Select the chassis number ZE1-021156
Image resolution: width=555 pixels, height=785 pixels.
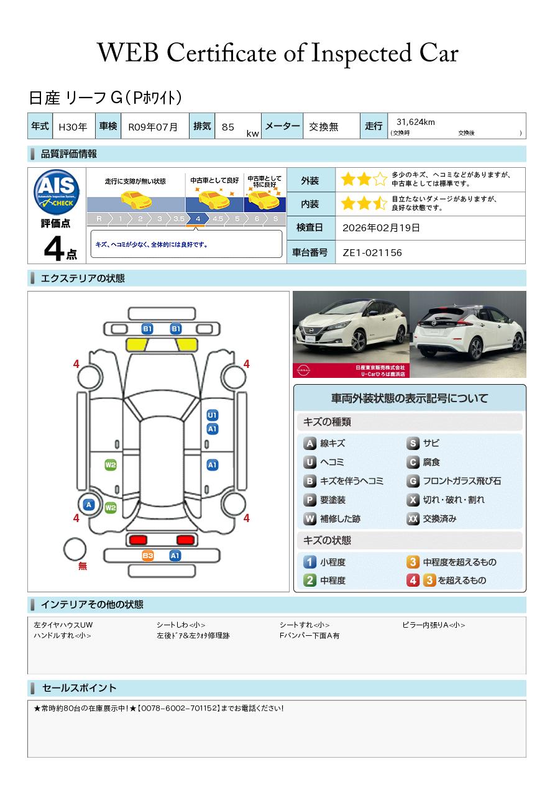372,252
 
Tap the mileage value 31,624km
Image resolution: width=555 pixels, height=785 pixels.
415,122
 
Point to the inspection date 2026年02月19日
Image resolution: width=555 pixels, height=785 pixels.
381,227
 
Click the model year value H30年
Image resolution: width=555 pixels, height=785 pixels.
73,127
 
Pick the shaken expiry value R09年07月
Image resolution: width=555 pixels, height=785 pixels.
153,127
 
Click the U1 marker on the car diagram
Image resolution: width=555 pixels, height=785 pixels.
212,415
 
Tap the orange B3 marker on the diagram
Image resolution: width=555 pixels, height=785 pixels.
148,556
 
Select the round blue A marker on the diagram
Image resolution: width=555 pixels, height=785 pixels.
89,505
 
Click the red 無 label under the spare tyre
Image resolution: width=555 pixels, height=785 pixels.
83,566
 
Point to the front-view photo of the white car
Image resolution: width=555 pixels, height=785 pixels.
350,334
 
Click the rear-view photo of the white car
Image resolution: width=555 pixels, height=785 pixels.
468,334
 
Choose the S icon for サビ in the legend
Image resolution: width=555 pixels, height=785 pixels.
413,443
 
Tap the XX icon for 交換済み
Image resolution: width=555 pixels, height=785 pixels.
413,518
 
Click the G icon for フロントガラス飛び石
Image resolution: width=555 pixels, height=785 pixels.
413,481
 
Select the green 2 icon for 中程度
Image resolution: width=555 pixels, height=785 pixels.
310,581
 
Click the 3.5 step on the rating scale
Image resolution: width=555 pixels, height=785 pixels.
178,219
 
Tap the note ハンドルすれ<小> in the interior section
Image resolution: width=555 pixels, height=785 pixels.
62,636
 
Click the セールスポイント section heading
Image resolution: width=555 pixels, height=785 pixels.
79,688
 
